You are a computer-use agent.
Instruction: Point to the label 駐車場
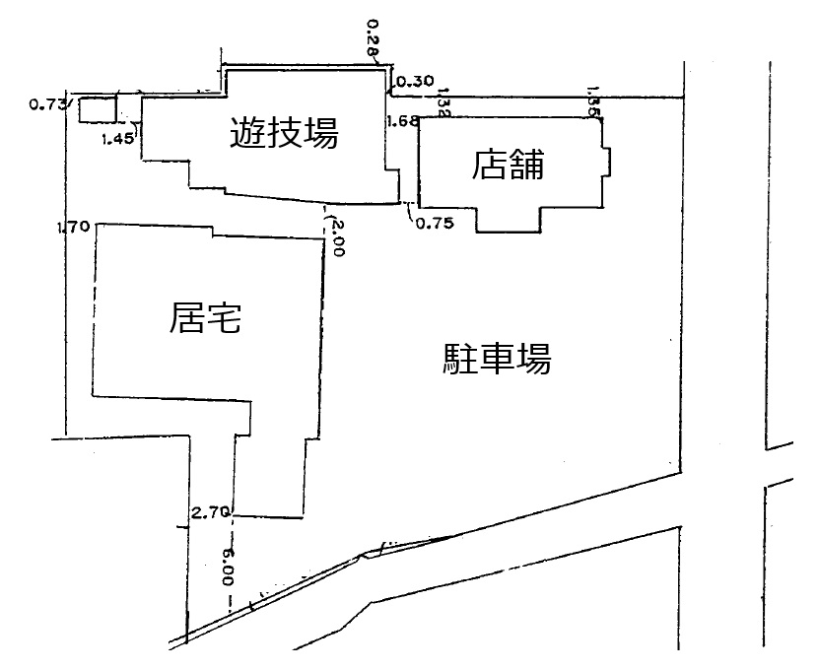(496, 359)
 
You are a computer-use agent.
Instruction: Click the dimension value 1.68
(402, 121)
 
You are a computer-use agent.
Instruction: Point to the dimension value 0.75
(434, 223)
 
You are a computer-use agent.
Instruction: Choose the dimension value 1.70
(74, 228)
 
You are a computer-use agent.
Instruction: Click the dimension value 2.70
(211, 511)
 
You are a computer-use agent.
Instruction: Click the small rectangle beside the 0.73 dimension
(97, 108)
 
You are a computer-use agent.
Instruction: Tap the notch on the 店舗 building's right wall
(607, 160)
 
